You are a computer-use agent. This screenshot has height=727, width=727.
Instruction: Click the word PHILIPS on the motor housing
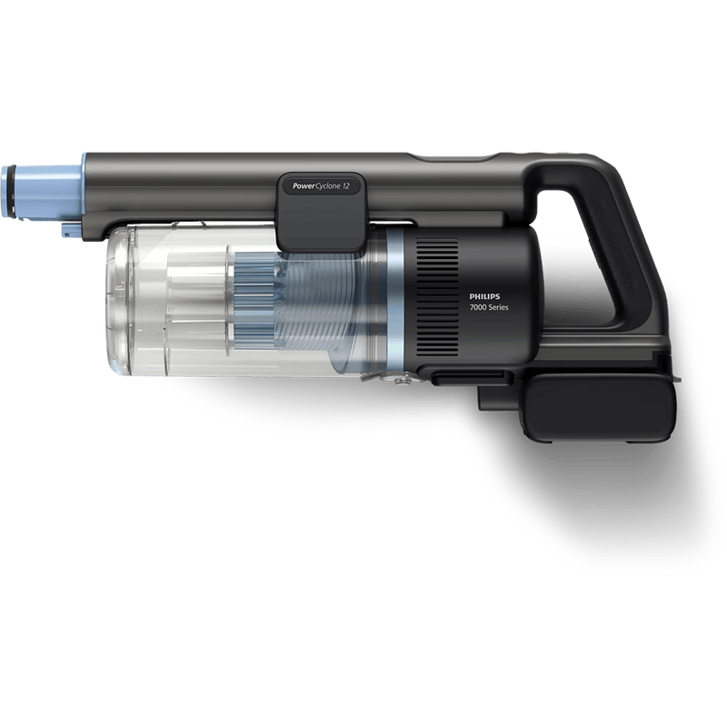pyautogui.click(x=484, y=297)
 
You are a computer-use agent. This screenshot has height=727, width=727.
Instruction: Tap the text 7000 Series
pyautogui.click(x=489, y=307)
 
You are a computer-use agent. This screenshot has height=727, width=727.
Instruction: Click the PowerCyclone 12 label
pyautogui.click(x=321, y=186)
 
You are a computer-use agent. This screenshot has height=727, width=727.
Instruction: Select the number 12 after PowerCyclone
pyautogui.click(x=346, y=186)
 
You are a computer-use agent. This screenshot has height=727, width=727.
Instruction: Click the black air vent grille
pyautogui.click(x=437, y=298)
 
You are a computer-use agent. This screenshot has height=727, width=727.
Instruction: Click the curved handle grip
pyautogui.click(x=622, y=241)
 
